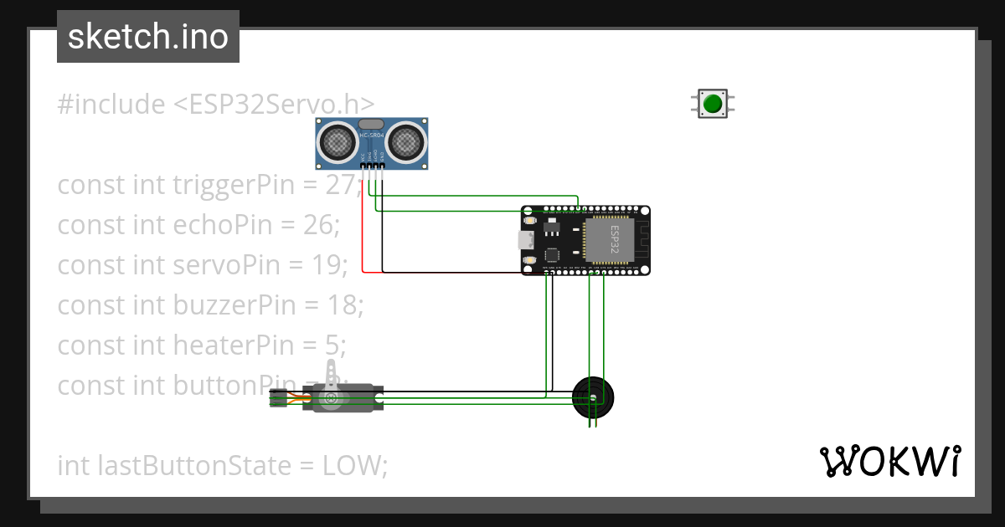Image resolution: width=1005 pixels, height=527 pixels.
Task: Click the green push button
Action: click(x=713, y=104)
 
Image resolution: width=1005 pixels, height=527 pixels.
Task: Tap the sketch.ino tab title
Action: click(x=148, y=37)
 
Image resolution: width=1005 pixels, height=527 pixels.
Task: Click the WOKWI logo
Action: click(x=889, y=461)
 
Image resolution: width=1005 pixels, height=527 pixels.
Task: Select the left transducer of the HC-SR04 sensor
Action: click(x=338, y=141)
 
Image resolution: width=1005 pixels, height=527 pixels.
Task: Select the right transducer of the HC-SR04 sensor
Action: click(x=407, y=141)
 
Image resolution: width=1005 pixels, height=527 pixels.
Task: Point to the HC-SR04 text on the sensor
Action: click(x=372, y=136)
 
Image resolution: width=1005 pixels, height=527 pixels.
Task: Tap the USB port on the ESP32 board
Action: click(x=525, y=241)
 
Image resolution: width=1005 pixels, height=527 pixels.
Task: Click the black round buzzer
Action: click(x=593, y=397)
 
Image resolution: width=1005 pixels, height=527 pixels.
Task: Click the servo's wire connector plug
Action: click(x=277, y=400)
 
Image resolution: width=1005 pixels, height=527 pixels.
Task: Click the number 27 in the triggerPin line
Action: click(x=341, y=185)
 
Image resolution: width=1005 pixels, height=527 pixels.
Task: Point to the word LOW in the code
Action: click(x=351, y=466)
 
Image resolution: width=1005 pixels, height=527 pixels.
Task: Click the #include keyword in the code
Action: click(x=111, y=105)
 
